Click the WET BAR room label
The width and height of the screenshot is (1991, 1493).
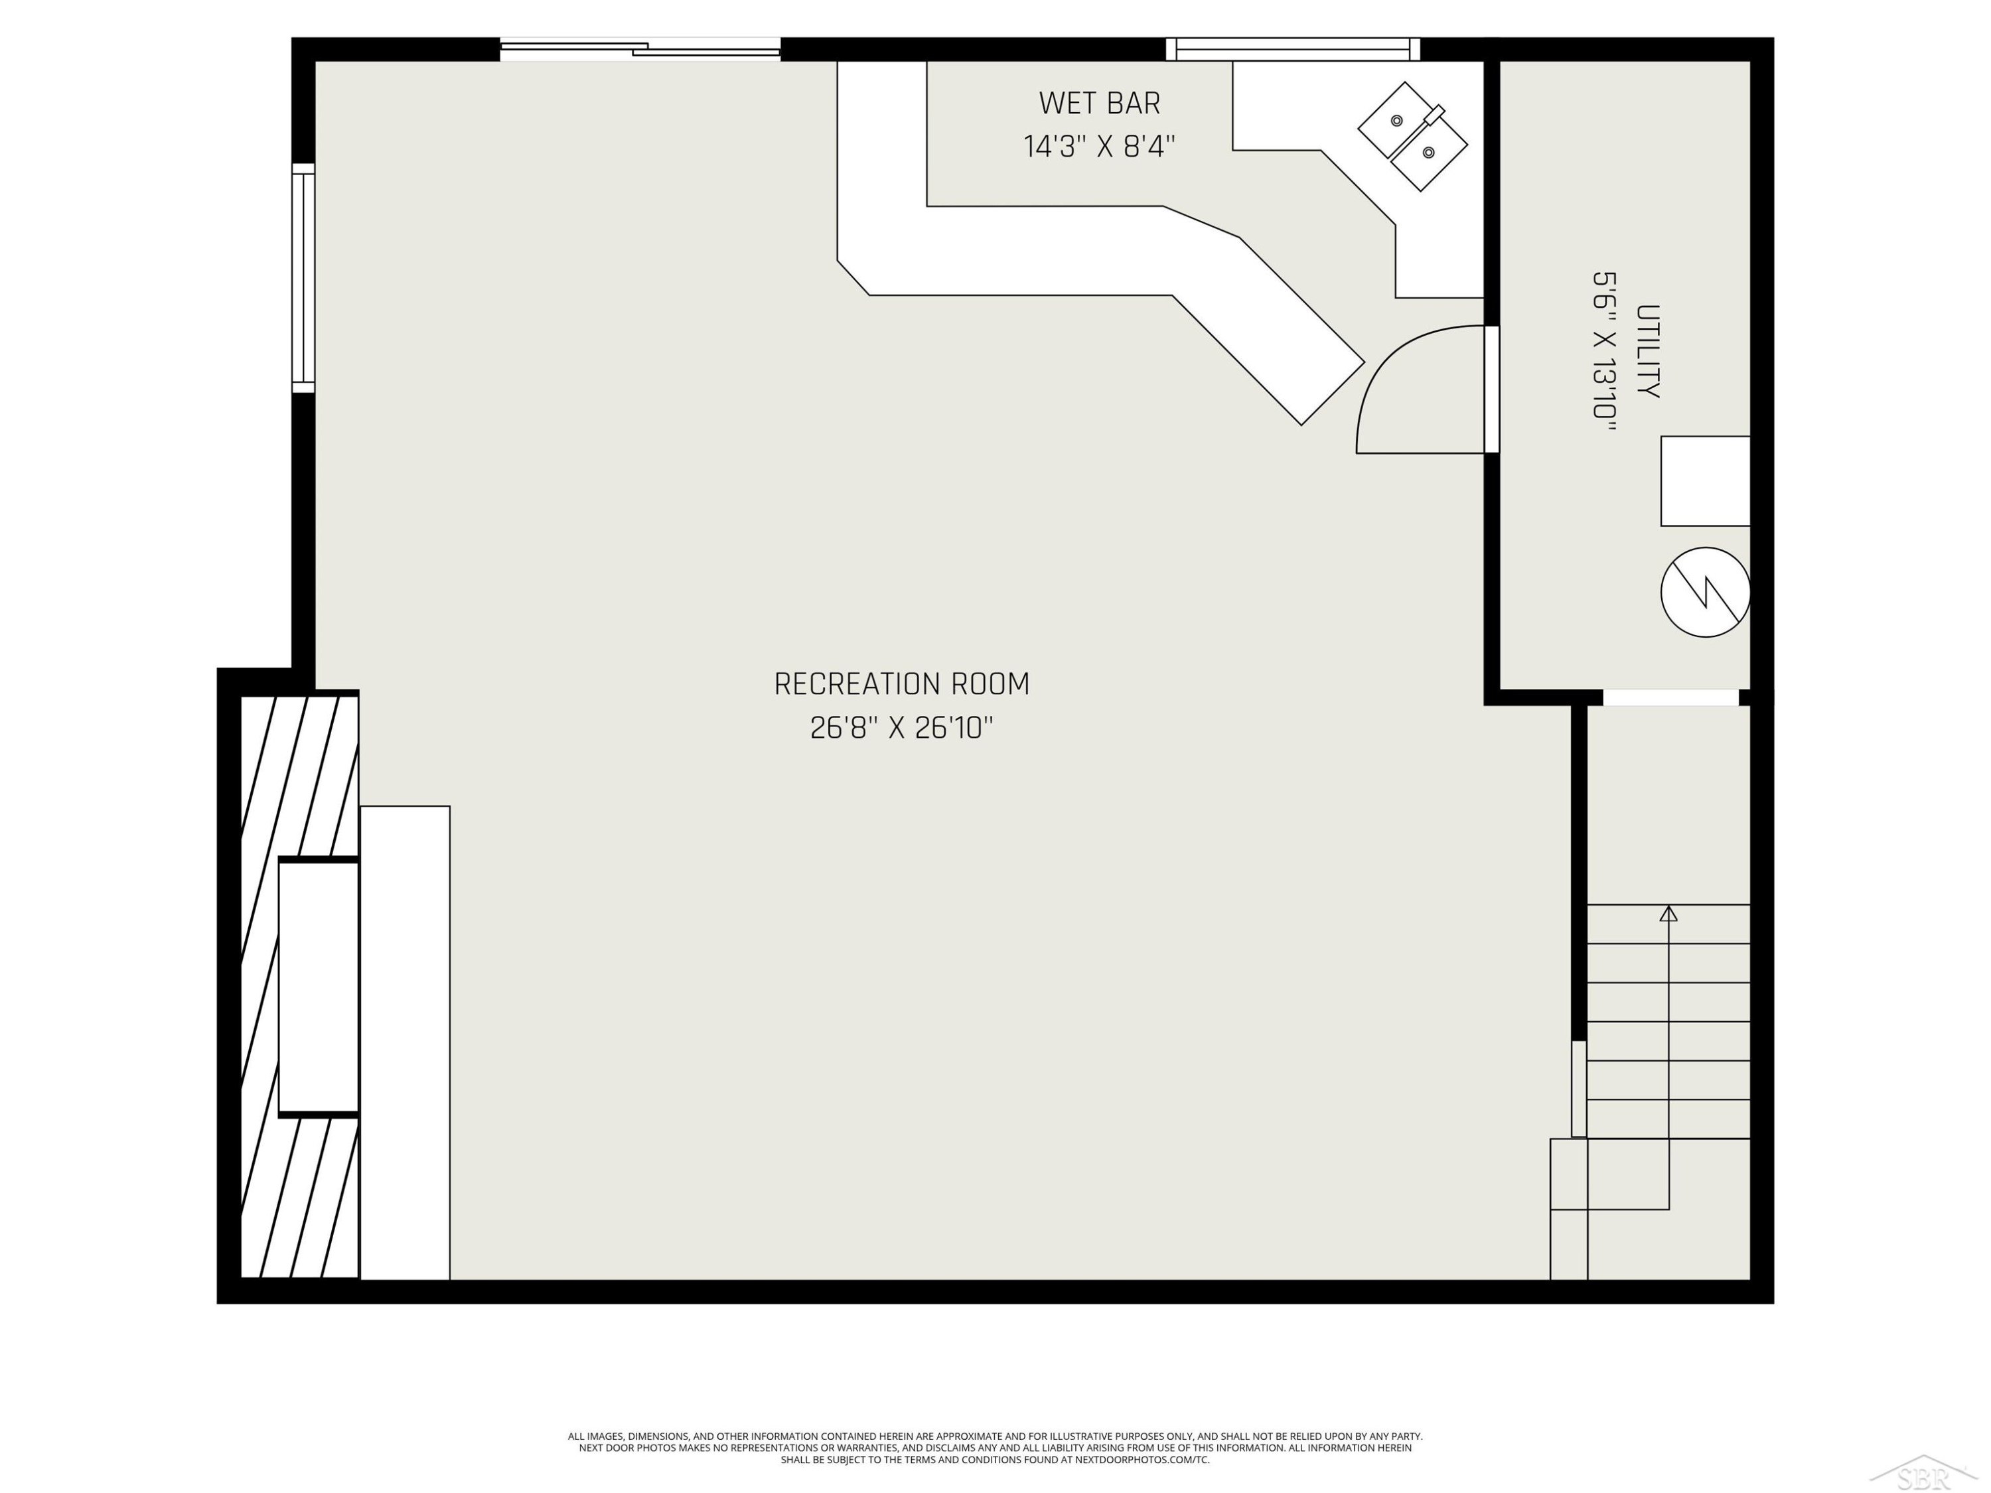(1099, 104)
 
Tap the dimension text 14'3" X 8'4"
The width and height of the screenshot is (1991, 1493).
(1099, 146)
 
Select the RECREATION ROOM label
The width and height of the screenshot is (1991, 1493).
(902, 684)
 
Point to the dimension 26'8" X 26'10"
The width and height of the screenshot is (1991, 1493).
(902, 727)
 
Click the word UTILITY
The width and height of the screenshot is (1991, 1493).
(1647, 351)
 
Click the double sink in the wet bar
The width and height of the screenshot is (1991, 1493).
(1412, 136)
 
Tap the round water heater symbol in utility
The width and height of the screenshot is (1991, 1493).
(1705, 592)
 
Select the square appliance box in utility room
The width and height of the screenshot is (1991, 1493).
(1705, 482)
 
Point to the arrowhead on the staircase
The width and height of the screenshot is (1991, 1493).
(1668, 914)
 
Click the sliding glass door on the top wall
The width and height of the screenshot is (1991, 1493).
(640, 50)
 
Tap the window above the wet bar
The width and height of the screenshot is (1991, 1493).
(1293, 50)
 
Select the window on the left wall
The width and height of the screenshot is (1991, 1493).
(303, 278)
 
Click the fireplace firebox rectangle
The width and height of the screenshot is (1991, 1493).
(319, 988)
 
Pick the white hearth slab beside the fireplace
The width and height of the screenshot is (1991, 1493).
(405, 1042)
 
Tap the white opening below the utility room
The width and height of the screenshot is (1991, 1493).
(1670, 697)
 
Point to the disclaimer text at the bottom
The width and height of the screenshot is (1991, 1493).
(995, 1448)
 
